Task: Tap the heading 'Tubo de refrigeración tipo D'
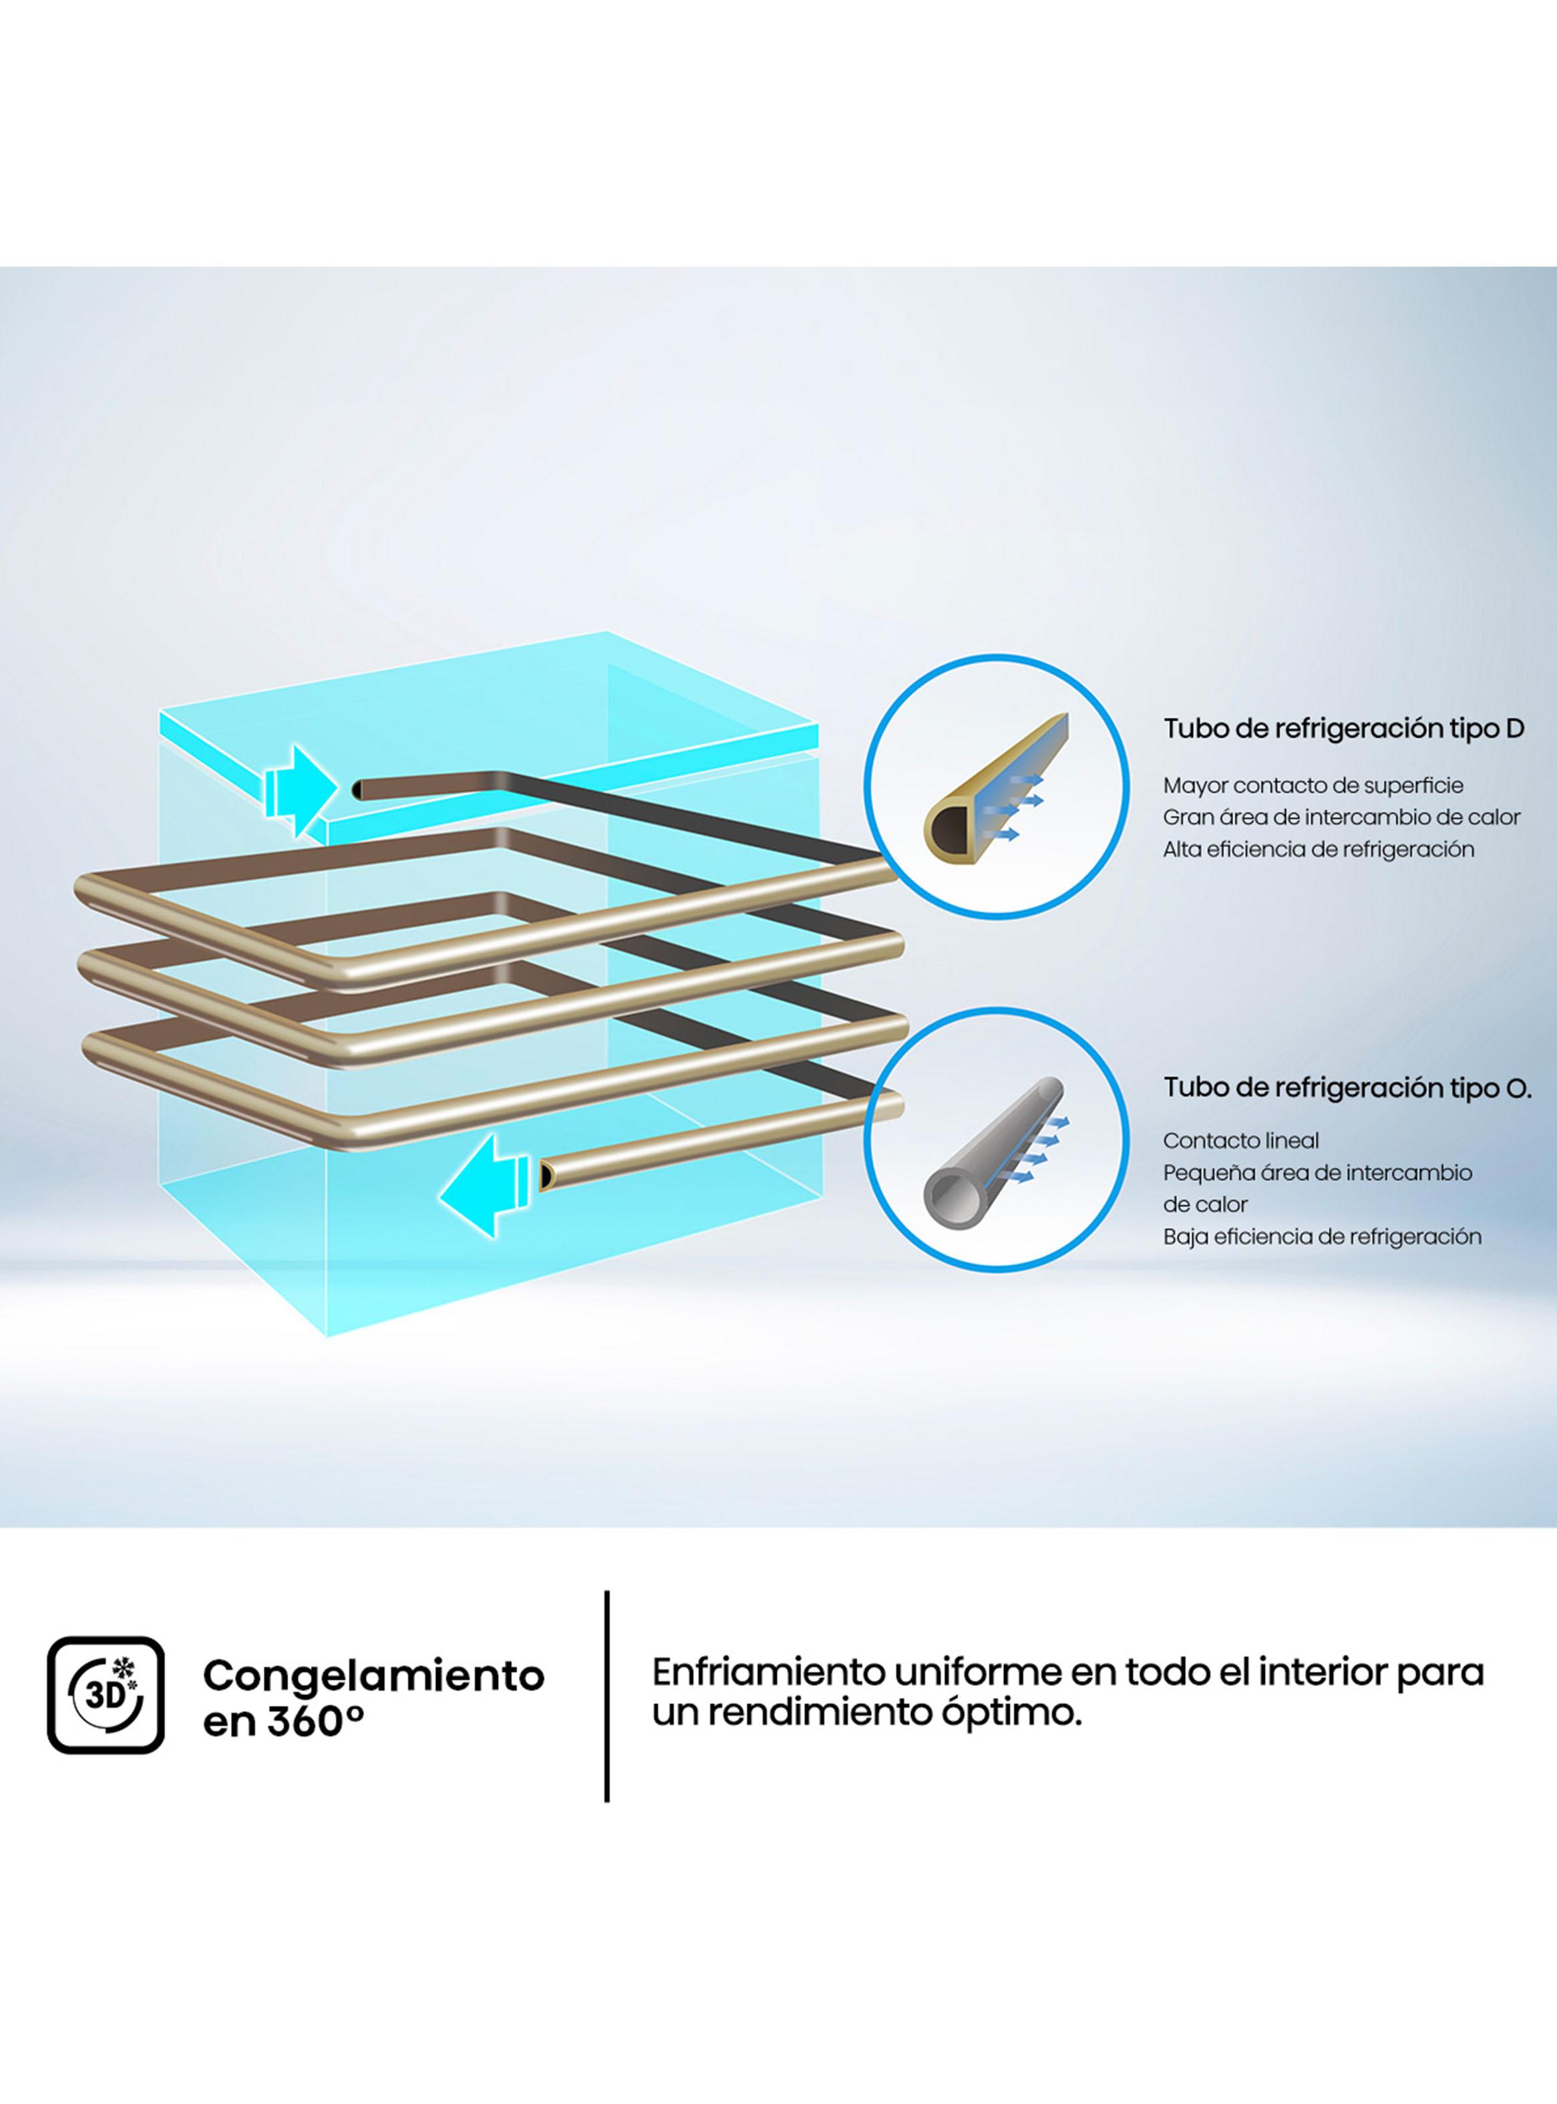coord(1343,728)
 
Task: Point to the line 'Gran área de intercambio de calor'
coord(1341,817)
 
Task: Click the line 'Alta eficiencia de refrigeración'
coord(1318,849)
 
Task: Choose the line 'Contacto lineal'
coord(1240,1140)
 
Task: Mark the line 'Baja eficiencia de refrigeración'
coord(1321,1236)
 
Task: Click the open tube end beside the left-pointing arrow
coord(546,1175)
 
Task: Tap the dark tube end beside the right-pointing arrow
coord(359,790)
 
